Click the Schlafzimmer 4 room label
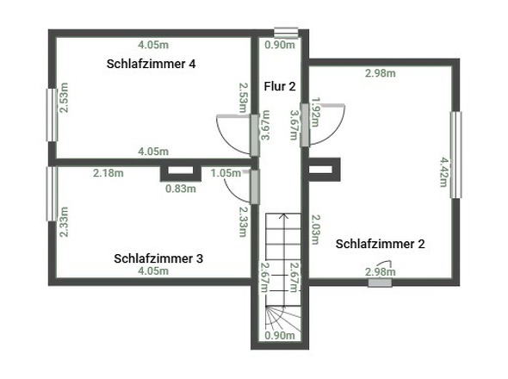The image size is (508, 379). pos(151,64)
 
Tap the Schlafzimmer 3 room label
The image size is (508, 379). pos(158,258)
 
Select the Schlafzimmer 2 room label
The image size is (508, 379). pos(380,244)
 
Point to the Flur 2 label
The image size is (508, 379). pos(280,86)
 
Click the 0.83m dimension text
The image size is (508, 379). pos(181,189)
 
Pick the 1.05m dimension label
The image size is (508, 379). pos(226,173)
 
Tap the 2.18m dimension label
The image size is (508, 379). pos(108,173)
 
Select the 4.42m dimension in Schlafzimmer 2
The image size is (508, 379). pos(443,172)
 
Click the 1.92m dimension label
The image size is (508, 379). pos(315,112)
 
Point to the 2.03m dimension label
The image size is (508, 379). pos(315,229)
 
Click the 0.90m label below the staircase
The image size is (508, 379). pos(280,336)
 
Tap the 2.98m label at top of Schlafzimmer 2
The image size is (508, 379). pos(381,73)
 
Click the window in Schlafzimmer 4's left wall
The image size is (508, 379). pos(52,115)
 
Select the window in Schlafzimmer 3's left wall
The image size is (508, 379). pos(52,194)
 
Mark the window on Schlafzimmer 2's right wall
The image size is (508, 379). pos(455,155)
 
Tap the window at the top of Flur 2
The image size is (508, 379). pos(286,33)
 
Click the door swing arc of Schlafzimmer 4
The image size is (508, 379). pos(226,140)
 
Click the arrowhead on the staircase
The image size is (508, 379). pos(284,215)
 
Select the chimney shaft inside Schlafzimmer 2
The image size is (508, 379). pos(324,170)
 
